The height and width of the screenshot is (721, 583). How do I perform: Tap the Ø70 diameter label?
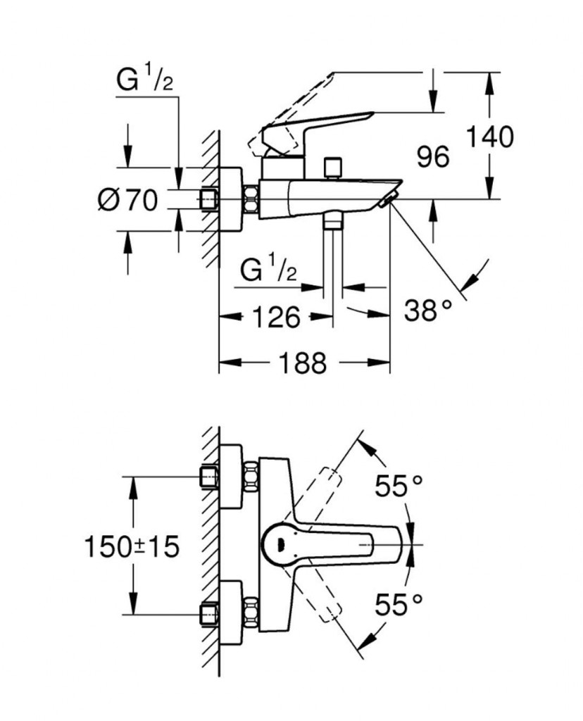tap(127, 201)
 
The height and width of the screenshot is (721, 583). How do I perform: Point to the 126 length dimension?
tap(273, 318)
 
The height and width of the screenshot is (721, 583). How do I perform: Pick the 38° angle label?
tap(427, 309)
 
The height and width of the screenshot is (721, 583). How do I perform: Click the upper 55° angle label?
tap(399, 485)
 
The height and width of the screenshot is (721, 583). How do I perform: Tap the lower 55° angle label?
tap(399, 603)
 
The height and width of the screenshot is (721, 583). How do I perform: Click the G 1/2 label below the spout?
tap(266, 270)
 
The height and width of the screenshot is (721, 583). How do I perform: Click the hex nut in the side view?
tap(250, 200)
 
